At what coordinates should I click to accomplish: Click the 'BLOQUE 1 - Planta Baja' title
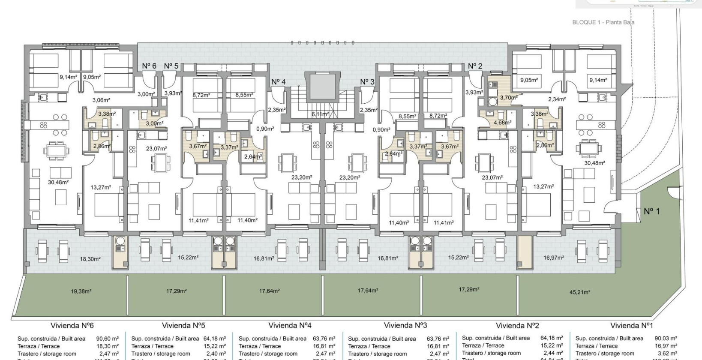point(603,22)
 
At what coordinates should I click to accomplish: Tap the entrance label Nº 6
point(149,66)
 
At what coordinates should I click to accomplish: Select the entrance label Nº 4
point(278,82)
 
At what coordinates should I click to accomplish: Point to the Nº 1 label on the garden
point(651,211)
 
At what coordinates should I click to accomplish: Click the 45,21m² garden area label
point(579,292)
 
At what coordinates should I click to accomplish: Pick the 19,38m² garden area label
point(81,291)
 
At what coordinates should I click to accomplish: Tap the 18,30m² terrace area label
point(90,259)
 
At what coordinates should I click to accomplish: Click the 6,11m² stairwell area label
point(320,114)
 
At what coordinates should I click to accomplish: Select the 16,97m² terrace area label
point(554,258)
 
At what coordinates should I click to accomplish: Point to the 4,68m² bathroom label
point(502,123)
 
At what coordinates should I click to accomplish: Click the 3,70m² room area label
point(508,98)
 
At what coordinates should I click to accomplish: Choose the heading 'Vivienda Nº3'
point(405,326)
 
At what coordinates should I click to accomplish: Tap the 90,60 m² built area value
point(108,339)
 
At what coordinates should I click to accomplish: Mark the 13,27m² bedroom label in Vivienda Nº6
point(101,187)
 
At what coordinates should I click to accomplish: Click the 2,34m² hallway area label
point(557,99)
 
